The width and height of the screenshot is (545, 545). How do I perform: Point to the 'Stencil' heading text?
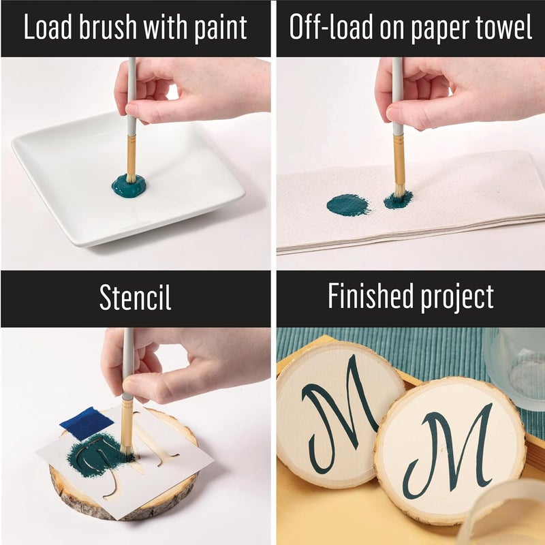click(135, 298)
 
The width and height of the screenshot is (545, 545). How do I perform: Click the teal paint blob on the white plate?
click(129, 185)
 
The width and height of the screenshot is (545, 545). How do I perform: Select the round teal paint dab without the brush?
click(348, 204)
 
